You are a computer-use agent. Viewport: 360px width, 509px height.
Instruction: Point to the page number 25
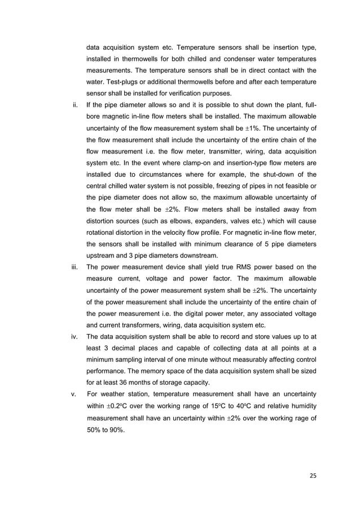(x=313, y=475)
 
